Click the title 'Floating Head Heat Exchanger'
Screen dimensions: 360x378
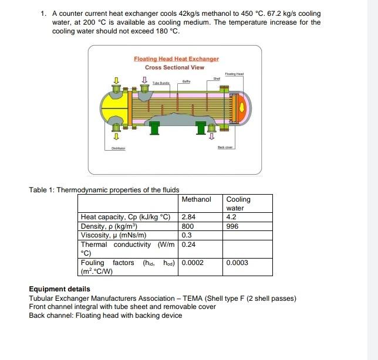pos(176,59)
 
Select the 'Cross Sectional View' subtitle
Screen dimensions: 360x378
pos(175,67)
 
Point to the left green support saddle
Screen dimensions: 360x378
pos(156,127)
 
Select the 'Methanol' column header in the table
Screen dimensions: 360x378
pos(196,199)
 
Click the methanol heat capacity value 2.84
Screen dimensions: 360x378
pos(188,217)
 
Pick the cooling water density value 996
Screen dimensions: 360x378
pos(232,225)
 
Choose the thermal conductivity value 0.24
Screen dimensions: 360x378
pos(188,244)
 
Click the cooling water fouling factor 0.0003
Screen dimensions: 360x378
pos(237,263)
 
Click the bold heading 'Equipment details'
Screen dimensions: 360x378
pos(59,289)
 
